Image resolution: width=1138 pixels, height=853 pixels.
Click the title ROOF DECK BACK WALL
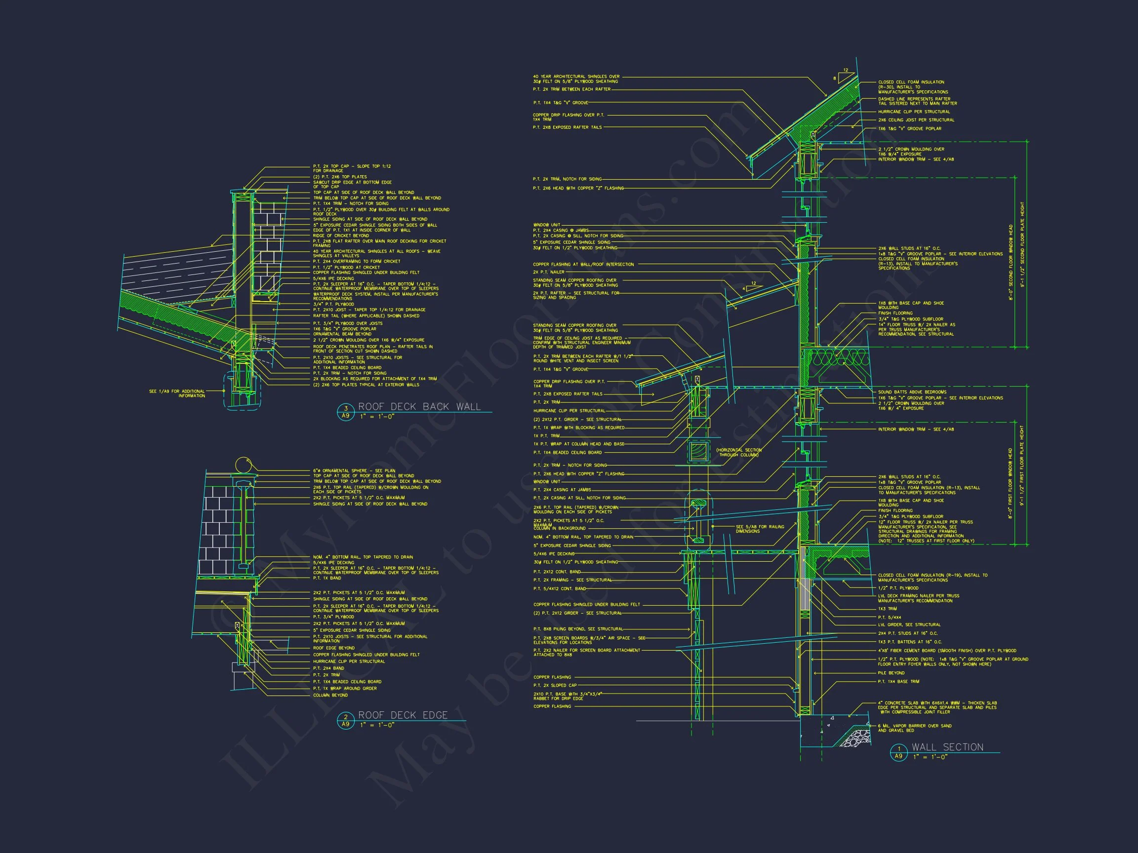point(419,407)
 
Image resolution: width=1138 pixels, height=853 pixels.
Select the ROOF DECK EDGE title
point(403,715)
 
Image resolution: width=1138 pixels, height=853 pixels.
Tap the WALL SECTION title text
point(948,747)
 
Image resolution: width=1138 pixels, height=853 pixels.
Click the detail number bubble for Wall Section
point(898,752)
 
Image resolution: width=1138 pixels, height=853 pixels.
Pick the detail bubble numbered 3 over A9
point(346,412)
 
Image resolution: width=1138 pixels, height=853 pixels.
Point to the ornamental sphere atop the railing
point(244,465)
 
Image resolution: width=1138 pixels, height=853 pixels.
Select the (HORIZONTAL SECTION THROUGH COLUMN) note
point(738,453)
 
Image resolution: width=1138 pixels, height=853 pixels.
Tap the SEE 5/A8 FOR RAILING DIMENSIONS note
point(760,529)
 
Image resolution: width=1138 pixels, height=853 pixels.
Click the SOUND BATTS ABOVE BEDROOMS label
point(912,392)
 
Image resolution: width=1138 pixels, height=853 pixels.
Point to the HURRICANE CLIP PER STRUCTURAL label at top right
point(914,112)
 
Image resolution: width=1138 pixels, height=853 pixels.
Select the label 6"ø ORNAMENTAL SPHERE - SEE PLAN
point(354,470)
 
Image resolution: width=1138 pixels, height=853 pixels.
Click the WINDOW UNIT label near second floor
point(547,225)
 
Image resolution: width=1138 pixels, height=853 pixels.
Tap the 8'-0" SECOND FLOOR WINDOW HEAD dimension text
point(1011,262)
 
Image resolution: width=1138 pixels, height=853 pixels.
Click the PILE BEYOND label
point(891,672)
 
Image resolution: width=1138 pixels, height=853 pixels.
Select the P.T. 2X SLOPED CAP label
point(555,685)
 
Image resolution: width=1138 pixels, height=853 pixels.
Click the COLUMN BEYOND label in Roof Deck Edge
point(330,695)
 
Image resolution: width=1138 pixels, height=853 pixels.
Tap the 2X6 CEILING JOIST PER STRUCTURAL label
point(916,120)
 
